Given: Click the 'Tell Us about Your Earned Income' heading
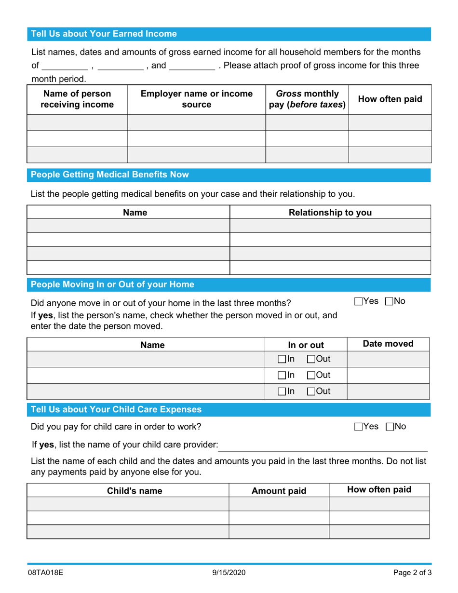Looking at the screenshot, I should (104, 34).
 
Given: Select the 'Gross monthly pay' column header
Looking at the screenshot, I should (307, 99).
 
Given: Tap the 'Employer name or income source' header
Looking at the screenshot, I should (196, 99).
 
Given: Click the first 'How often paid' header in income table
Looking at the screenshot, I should (390, 99).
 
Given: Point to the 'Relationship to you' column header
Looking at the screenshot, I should (330, 212).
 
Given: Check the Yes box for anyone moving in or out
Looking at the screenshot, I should (359, 302).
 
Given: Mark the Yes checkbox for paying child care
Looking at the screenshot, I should (359, 427).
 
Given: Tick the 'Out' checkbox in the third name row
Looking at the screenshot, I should (311, 391).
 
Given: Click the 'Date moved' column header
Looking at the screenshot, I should (388, 344).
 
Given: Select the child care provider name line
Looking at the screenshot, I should (323, 446).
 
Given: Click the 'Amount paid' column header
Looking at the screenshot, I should (279, 491).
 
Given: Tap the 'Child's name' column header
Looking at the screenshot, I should (127, 491).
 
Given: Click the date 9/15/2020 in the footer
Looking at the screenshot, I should (229, 573).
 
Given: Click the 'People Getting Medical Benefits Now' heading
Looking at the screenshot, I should (110, 175).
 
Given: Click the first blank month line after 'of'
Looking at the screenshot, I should (65, 66).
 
